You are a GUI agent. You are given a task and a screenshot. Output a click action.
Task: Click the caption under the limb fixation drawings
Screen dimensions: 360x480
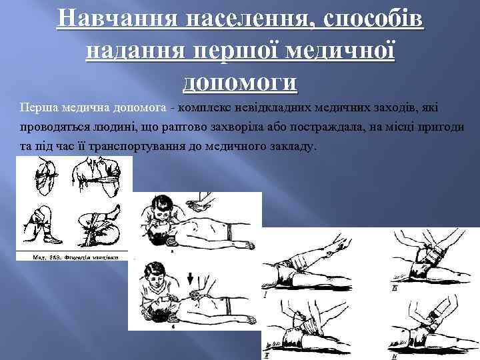coord(73,255)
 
